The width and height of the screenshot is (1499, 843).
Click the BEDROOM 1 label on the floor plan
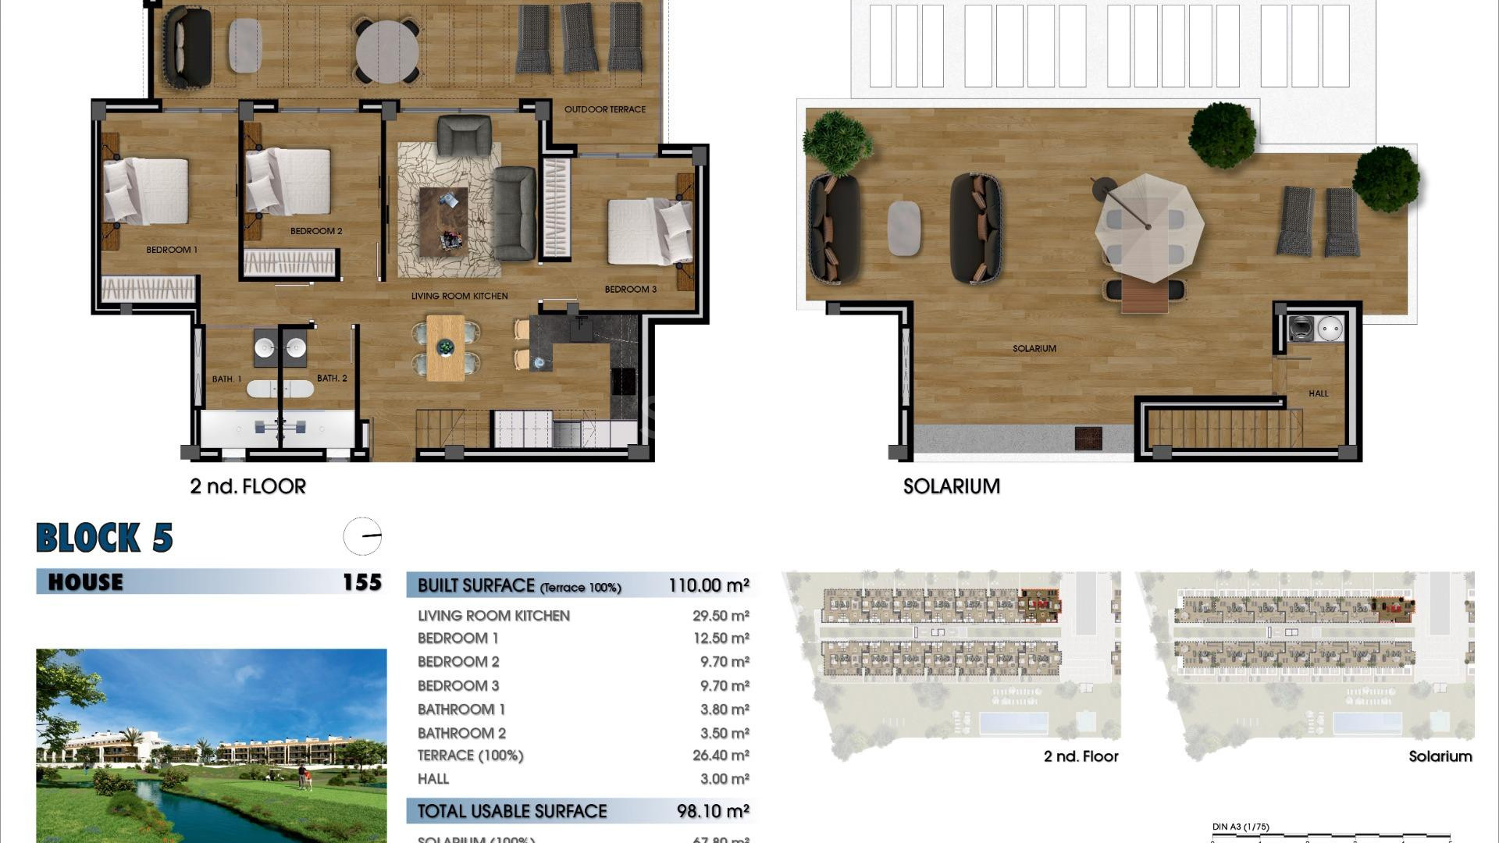click(x=172, y=250)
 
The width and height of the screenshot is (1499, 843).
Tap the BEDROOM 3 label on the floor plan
click(x=630, y=289)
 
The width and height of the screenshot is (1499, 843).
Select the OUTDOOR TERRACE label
click(x=604, y=109)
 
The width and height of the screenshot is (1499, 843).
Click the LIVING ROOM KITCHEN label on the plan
click(x=459, y=296)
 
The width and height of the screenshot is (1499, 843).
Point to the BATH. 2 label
click(x=332, y=379)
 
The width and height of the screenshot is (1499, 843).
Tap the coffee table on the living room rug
click(x=443, y=221)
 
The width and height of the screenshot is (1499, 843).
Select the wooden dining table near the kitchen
click(x=445, y=348)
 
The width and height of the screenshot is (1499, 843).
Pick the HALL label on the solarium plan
click(x=1318, y=393)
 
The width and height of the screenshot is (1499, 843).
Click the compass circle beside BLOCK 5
click(x=362, y=536)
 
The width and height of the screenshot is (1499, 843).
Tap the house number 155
click(x=361, y=582)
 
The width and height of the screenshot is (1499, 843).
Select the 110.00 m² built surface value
click(x=708, y=585)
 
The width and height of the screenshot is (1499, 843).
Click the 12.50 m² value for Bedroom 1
click(x=721, y=638)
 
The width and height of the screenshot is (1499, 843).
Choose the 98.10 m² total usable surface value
click(x=713, y=811)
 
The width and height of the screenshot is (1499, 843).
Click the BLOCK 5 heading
click(x=105, y=538)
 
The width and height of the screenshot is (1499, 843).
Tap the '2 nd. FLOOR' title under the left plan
click(x=247, y=486)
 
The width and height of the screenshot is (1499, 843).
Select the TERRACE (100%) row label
click(x=470, y=756)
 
